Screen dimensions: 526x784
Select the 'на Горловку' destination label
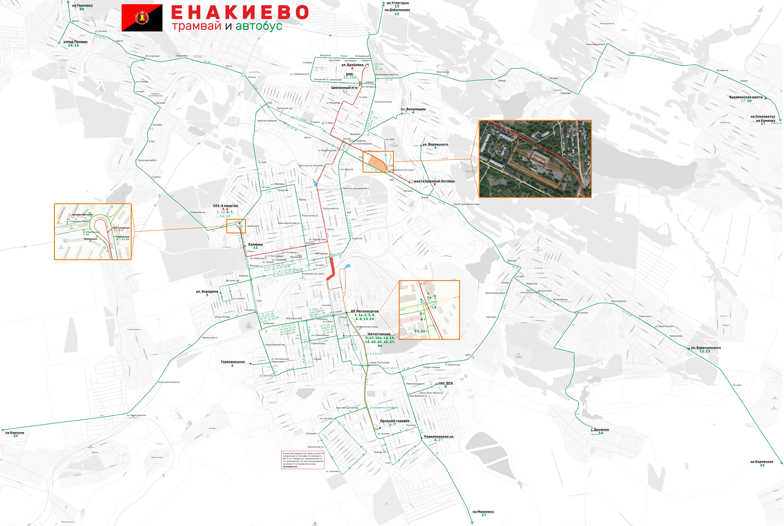(x=82, y=5)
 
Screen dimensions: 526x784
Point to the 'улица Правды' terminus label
(x=75, y=42)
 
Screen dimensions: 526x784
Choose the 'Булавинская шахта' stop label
(x=745, y=97)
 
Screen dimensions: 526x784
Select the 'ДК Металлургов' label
(x=364, y=311)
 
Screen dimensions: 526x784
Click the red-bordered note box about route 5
(x=303, y=460)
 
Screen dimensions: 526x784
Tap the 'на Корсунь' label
(x=15, y=432)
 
